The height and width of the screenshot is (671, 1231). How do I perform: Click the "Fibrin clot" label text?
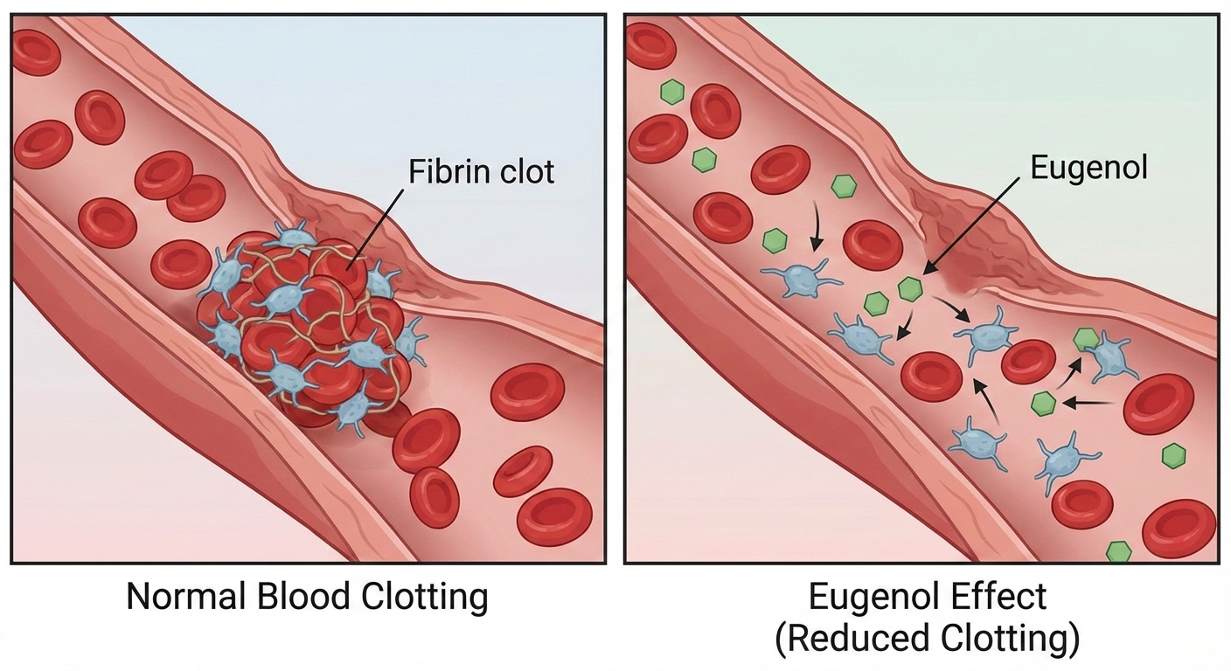click(x=481, y=170)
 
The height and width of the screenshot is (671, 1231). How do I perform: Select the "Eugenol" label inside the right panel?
click(x=1088, y=168)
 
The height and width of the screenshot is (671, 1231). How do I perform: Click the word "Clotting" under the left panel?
click(x=423, y=597)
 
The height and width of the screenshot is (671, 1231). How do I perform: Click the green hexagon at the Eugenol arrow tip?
click(x=911, y=287)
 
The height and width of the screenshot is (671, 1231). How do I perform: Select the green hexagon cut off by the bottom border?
click(x=1118, y=551)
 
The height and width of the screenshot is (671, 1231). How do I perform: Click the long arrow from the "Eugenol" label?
click(x=970, y=223)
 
